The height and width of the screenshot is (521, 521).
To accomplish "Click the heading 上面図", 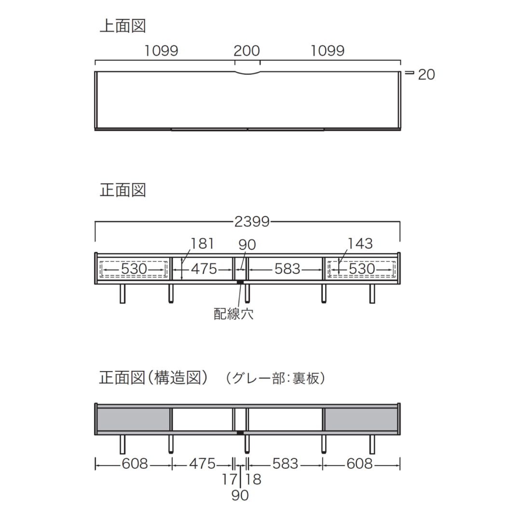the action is (123, 26).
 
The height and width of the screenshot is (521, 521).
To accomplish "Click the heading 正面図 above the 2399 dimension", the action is (123, 190).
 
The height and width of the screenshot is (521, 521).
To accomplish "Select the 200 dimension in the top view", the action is (247, 51).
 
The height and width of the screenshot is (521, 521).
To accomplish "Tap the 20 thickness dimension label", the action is (426, 75).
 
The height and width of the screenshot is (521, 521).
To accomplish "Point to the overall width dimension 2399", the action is (252, 221).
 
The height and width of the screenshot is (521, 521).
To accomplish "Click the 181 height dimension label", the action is (202, 244).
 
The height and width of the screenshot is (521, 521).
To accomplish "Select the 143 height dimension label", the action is (360, 244).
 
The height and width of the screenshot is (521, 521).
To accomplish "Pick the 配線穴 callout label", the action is (233, 314).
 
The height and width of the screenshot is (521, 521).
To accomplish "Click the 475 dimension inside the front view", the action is (204, 269).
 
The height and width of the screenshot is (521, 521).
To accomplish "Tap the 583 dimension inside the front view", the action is (288, 269).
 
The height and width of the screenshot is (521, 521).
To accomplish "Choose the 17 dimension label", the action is (230, 479).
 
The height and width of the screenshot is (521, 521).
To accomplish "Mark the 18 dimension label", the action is (253, 479).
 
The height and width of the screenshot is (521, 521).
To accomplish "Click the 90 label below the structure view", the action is (240, 495).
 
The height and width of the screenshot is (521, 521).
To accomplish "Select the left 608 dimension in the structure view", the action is (135, 464).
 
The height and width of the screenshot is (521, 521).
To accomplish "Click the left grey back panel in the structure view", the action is (133, 419).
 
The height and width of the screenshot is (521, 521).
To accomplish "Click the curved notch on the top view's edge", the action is (247, 73).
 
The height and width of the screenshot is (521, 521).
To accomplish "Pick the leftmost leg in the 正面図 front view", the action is (123, 294).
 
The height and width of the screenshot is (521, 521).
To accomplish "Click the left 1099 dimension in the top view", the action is (161, 51).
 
